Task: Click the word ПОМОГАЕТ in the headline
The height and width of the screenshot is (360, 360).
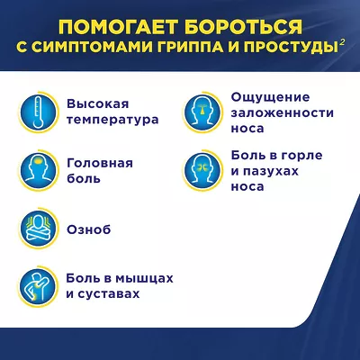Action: point(117,27)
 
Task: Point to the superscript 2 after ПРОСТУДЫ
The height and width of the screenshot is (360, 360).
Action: point(342,44)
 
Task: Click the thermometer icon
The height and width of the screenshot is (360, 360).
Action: point(38,112)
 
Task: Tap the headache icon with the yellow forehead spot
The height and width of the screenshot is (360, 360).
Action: point(38,170)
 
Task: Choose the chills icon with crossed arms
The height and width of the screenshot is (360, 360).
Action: point(38,229)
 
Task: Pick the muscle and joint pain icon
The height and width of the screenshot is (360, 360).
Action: point(38,286)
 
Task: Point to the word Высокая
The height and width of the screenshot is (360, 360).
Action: point(98,103)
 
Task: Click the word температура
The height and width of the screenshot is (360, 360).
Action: point(112,120)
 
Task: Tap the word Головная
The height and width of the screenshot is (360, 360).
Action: point(100,163)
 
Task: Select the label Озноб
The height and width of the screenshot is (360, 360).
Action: point(89,229)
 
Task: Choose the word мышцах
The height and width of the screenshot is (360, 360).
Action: point(145,278)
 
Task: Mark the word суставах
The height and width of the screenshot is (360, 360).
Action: point(108,294)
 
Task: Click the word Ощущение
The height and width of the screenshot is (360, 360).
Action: point(270,97)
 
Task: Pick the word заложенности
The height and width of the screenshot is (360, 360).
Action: point(283,113)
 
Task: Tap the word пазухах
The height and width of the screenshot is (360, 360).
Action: point(271,172)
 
